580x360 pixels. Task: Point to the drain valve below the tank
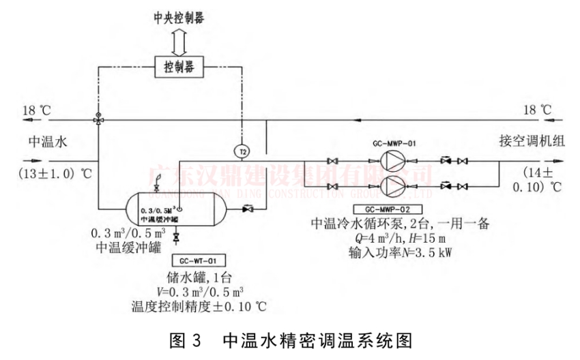(x=176, y=237)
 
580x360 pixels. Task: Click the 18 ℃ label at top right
(x=536, y=107)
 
